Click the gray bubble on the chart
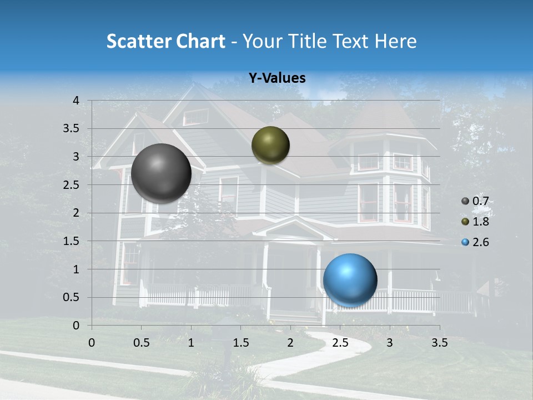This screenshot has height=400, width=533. [162, 173]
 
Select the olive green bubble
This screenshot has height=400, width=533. [270, 145]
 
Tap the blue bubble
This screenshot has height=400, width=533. [350, 280]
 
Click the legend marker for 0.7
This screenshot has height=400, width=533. [465, 201]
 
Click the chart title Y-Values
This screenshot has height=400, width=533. [276, 78]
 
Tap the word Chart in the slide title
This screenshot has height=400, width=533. [200, 41]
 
